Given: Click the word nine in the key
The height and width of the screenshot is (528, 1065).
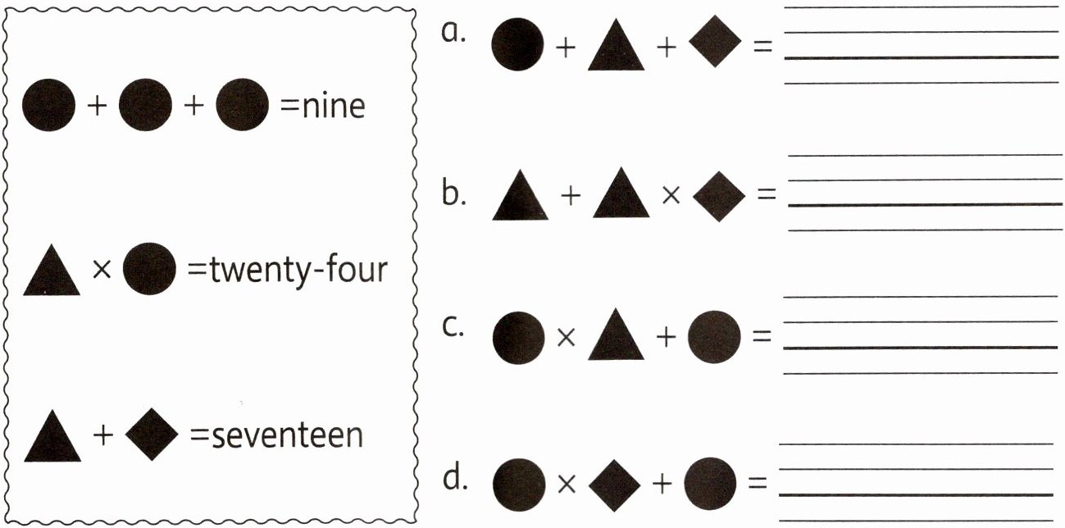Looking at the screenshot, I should coord(334,107).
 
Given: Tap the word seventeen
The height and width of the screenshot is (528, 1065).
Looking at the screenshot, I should coord(286,435).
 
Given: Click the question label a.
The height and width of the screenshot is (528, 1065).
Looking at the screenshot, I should coord(453,34).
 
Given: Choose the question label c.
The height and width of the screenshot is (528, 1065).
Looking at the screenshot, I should coord(453,325).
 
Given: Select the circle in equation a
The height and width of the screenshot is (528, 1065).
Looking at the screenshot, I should coord(517,44).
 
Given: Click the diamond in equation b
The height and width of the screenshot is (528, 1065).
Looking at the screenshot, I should coord(718,196).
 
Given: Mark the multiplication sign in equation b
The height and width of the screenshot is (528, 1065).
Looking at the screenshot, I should coord(670,196).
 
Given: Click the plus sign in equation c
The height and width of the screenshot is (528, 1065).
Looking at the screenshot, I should coord(665,337).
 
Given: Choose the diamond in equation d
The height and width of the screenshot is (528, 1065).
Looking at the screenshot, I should coord(614,484).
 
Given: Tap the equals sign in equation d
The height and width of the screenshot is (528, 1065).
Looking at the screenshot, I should coord(758,483).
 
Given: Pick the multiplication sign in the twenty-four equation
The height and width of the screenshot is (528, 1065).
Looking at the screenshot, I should coord(102,270).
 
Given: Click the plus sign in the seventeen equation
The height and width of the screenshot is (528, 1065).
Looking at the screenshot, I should coord(102,435).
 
